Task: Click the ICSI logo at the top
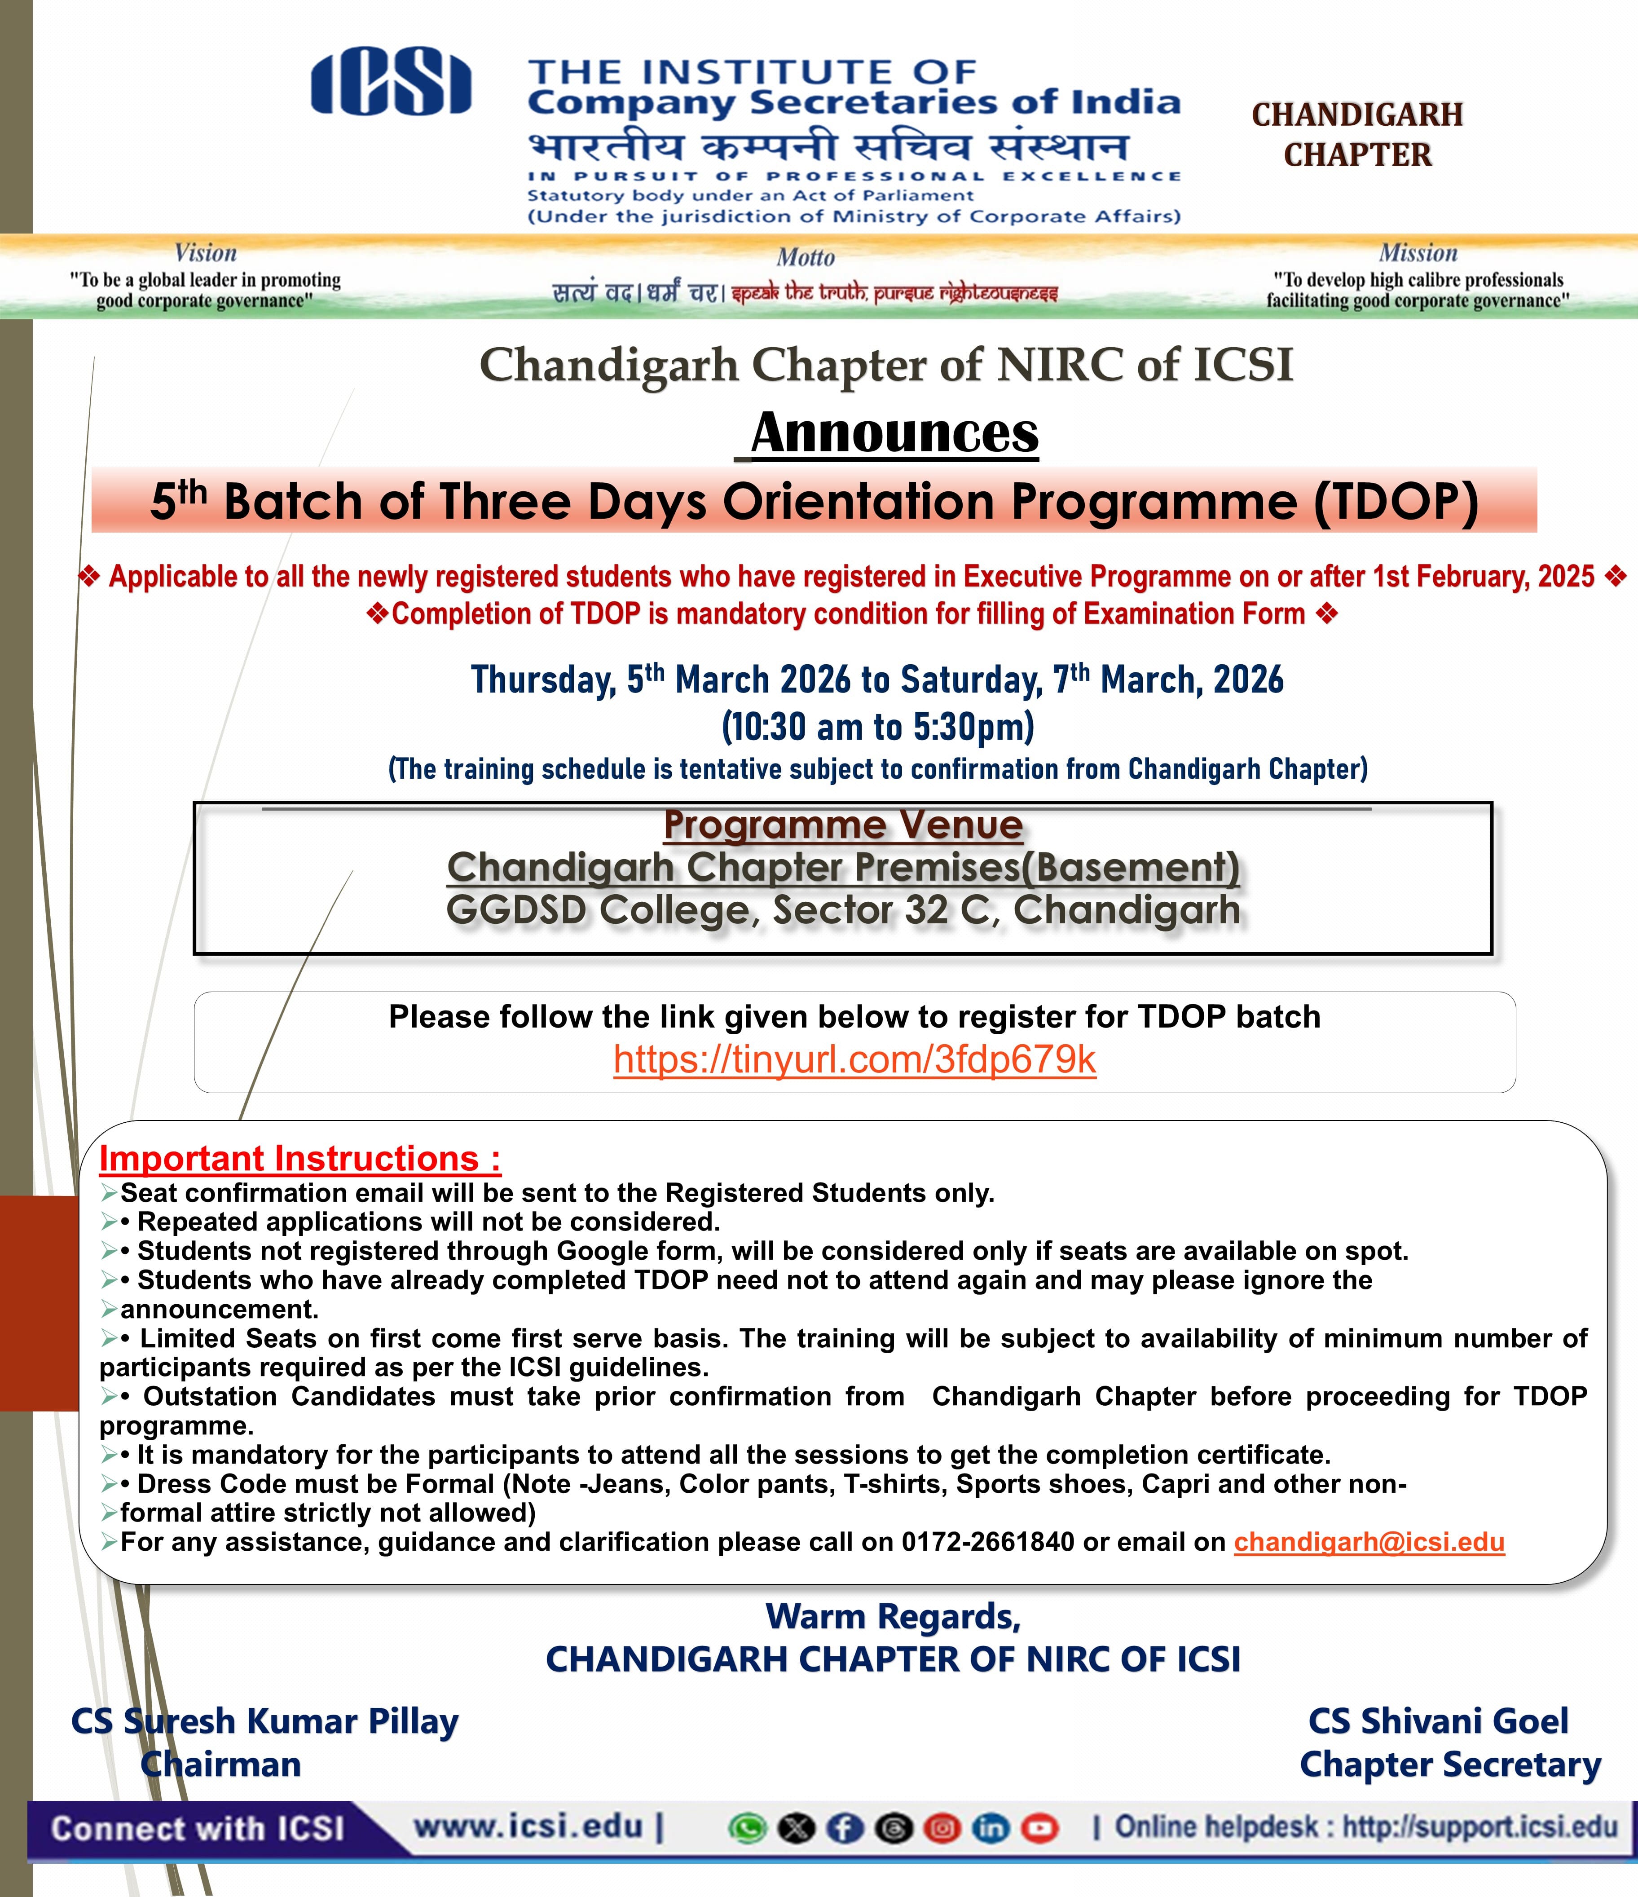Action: point(391,84)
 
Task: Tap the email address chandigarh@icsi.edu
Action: point(1369,1542)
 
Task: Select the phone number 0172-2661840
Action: point(987,1542)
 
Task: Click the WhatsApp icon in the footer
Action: point(747,1828)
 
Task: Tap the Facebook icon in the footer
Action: point(844,1828)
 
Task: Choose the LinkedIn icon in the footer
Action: point(991,1828)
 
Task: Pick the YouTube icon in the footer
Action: point(1039,1828)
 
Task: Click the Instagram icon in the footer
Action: point(942,1828)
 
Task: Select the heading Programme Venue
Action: point(842,825)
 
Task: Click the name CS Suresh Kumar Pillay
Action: point(264,1721)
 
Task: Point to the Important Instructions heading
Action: point(299,1158)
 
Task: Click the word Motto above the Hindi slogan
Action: point(806,257)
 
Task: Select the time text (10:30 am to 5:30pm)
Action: point(877,727)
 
